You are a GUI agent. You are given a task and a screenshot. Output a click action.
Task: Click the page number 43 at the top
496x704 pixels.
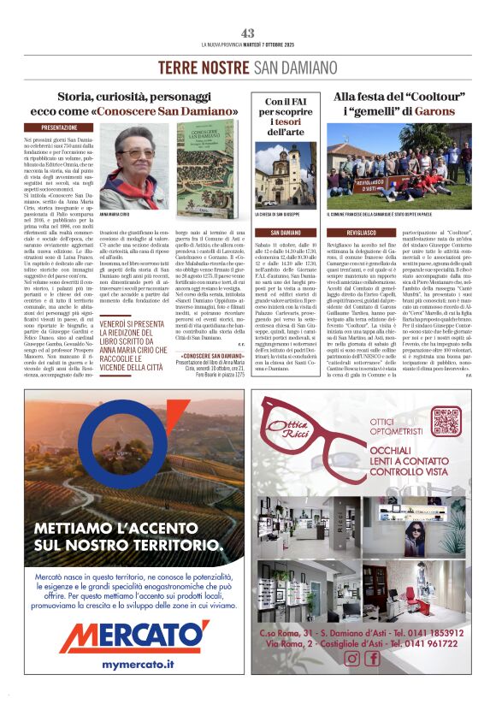pos(248,33)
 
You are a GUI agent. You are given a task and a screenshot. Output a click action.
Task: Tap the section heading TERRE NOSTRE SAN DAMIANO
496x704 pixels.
pos(248,67)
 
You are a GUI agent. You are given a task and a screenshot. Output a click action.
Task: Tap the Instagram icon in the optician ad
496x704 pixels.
pos(351,658)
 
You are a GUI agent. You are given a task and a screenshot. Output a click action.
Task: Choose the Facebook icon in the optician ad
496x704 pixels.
pos(372,658)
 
